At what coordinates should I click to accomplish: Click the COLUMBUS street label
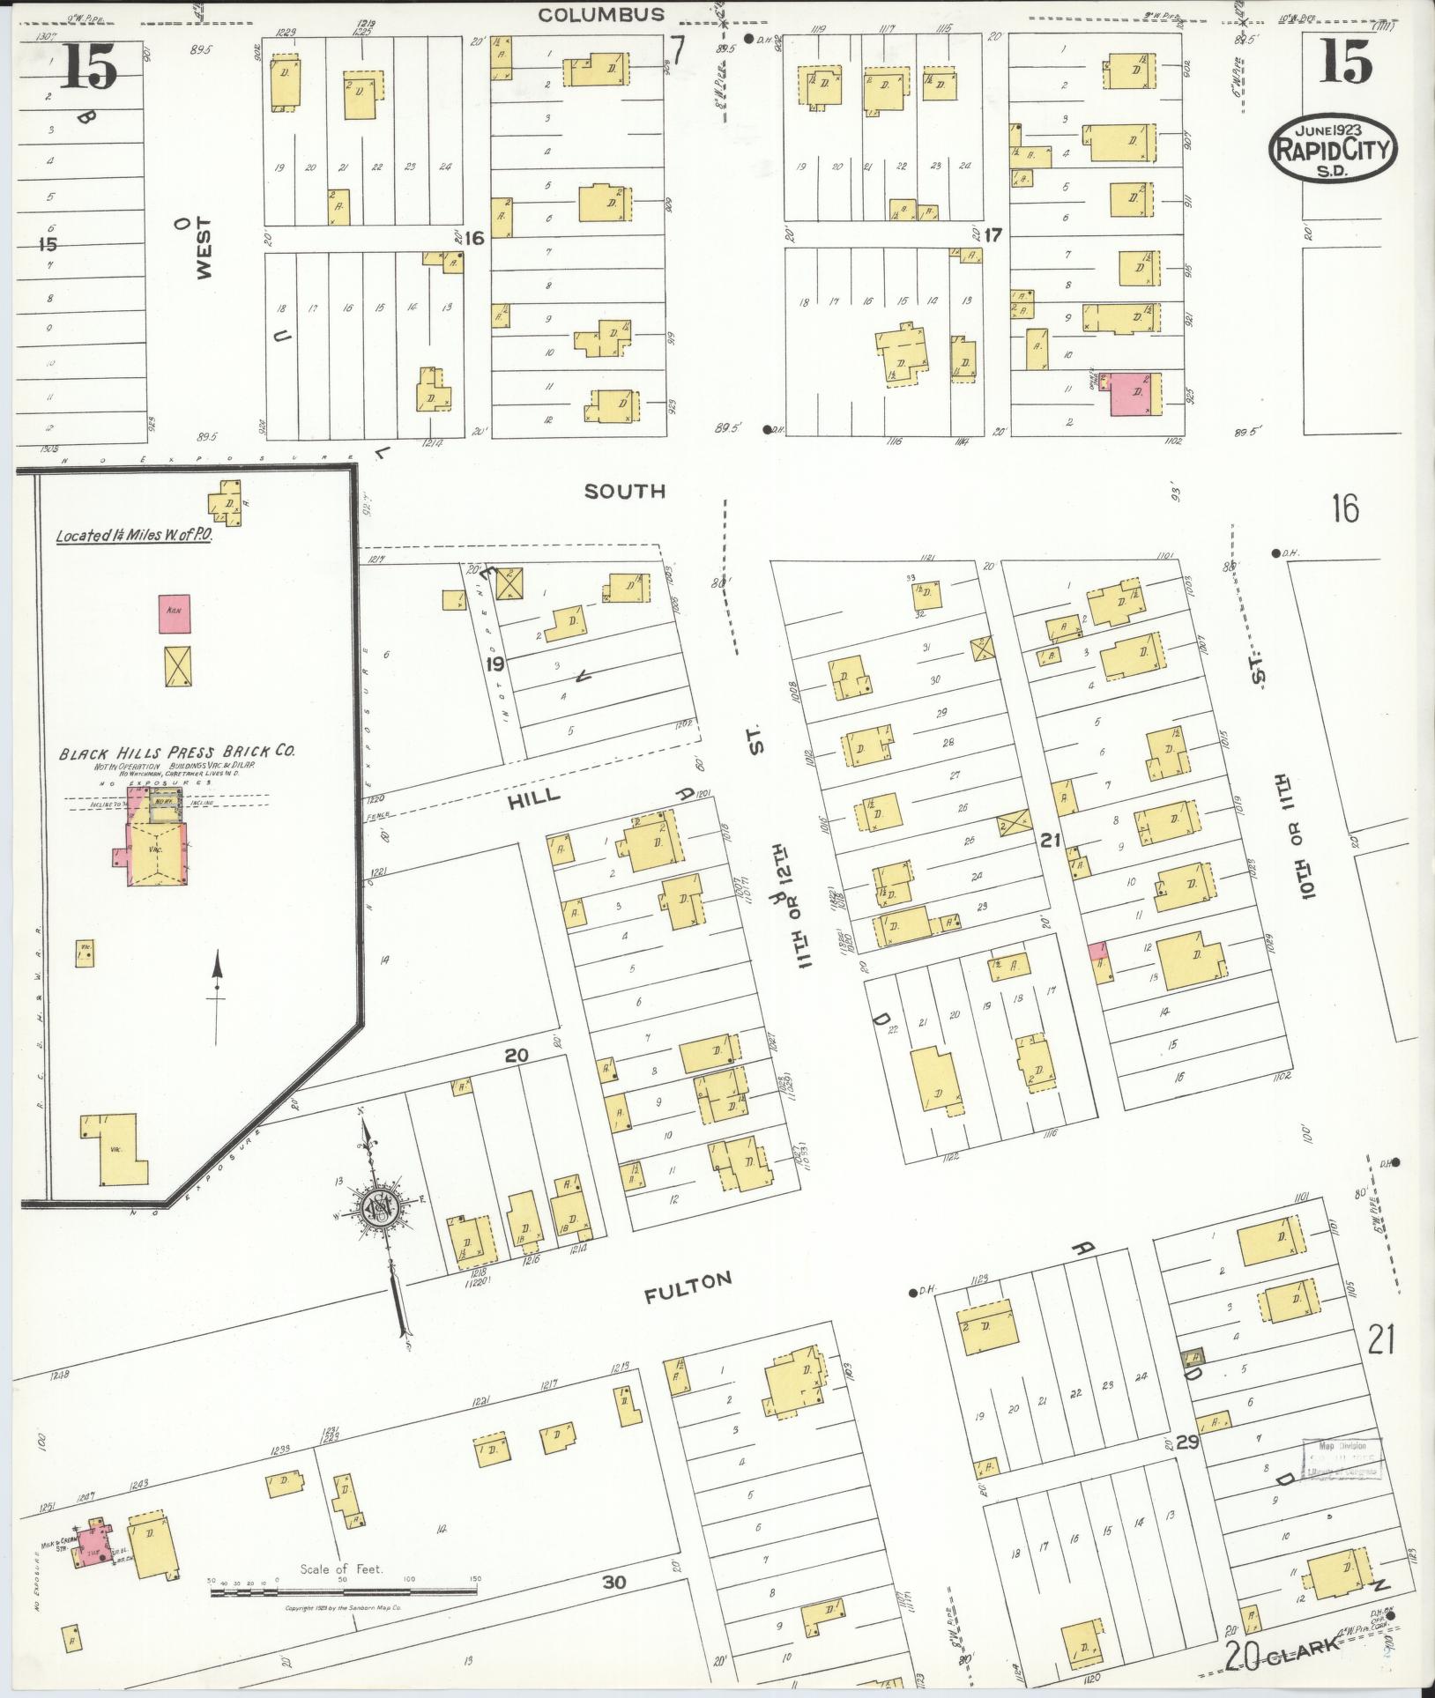pyautogui.click(x=600, y=14)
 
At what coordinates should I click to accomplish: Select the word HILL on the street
pyautogui.click(x=534, y=796)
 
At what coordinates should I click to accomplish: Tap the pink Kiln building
pyautogui.click(x=174, y=613)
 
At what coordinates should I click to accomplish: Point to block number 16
pyautogui.click(x=474, y=238)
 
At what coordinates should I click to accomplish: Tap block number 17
pyautogui.click(x=993, y=236)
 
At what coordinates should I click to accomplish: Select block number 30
pyautogui.click(x=613, y=1583)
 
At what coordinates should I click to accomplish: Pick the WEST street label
pyautogui.click(x=204, y=253)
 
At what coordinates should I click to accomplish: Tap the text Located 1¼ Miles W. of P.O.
pyautogui.click(x=133, y=535)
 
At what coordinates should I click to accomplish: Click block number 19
pyautogui.click(x=494, y=662)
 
